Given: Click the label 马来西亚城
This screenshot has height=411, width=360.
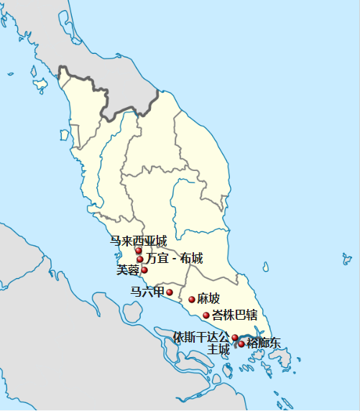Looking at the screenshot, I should [x=138, y=241].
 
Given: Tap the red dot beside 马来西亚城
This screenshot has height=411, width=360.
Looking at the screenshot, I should [x=139, y=251].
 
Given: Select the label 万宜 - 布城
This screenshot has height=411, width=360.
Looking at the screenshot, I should [x=175, y=259].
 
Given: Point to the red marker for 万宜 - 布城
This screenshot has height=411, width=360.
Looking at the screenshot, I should [x=140, y=259].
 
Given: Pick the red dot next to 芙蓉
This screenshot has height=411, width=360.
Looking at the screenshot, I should [x=144, y=270].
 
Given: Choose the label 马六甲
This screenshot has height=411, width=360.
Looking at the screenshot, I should [x=147, y=292].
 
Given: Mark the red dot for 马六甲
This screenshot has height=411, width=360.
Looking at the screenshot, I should [x=170, y=292].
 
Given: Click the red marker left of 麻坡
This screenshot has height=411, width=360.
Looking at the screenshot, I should [x=192, y=300].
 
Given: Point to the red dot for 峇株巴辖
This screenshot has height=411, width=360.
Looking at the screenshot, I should [x=206, y=315].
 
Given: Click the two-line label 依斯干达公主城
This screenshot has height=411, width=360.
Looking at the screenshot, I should [x=203, y=343].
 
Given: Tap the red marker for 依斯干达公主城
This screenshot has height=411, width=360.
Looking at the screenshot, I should [x=235, y=337].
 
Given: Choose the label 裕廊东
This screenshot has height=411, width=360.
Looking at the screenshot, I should [x=264, y=343].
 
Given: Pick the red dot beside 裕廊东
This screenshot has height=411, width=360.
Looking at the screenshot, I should [x=241, y=344].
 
